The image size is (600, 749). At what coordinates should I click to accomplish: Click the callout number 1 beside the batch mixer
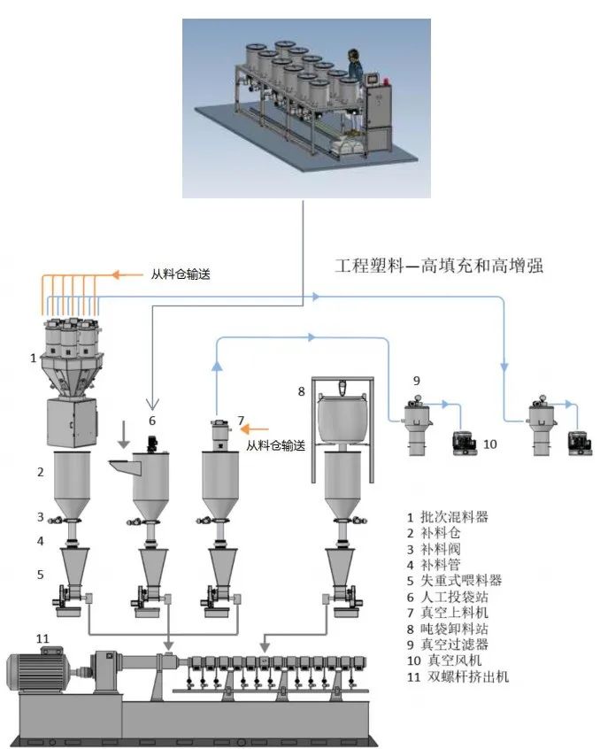click(33, 359)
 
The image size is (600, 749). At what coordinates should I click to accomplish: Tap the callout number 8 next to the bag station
click(301, 390)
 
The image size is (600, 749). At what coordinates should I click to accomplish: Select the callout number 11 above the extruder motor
click(42, 637)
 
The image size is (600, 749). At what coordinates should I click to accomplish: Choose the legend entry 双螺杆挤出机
click(465, 676)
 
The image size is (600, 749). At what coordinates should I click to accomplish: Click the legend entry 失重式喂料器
click(460, 580)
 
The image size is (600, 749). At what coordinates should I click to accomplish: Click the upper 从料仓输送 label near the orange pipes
click(175, 274)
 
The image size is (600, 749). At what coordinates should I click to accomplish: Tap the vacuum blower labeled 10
click(463, 440)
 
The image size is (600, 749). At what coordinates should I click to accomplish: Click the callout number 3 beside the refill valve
click(39, 516)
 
